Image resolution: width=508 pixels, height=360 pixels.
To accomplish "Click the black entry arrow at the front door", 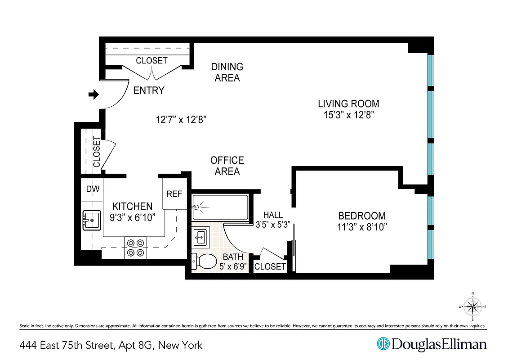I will click(x=94, y=94).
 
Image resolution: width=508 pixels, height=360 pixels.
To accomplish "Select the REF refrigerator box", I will click(x=174, y=194).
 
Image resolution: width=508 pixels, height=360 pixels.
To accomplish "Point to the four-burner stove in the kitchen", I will click(x=136, y=247).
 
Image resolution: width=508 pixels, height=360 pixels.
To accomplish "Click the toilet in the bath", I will click(x=204, y=261).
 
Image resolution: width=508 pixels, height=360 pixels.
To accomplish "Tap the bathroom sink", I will click(x=201, y=236).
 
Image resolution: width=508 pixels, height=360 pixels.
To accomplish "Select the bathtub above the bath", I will click(x=220, y=207).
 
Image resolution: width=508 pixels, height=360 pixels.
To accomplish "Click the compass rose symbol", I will click(x=472, y=307).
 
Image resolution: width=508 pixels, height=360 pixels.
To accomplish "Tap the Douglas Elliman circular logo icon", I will click(x=383, y=344).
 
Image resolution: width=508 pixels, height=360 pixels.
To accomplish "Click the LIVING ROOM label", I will click(x=348, y=103).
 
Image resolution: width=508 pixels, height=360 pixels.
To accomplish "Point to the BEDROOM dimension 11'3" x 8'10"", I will click(x=362, y=227).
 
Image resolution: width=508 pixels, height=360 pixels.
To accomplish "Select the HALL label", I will click(x=273, y=215).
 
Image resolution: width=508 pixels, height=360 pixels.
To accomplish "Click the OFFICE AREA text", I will click(x=227, y=166).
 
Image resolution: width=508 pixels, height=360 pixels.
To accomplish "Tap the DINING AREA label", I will click(x=227, y=72).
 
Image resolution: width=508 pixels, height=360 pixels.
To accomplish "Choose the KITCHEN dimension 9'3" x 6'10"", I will click(x=132, y=217).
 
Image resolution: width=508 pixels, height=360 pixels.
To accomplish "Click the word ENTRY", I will click(x=149, y=90).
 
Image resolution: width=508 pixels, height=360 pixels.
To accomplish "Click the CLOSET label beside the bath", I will click(x=270, y=266).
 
